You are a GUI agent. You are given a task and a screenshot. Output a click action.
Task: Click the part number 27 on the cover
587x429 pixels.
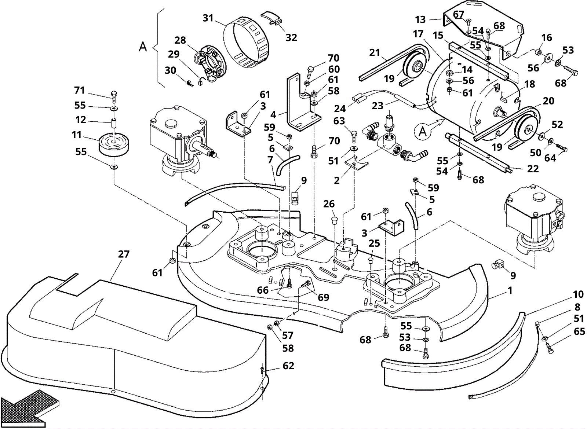[x=124, y=254]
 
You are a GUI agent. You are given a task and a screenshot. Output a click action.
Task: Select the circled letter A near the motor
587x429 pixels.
[x=423, y=131]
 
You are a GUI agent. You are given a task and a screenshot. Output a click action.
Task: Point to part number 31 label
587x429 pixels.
[x=208, y=18]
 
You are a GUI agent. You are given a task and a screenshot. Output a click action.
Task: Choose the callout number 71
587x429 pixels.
[x=79, y=90]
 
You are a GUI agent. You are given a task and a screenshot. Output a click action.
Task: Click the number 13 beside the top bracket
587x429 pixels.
[x=420, y=19]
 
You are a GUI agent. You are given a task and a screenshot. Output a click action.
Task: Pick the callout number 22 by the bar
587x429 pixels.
[x=533, y=169]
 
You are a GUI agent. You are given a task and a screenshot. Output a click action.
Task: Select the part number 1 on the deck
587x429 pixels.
[x=510, y=290]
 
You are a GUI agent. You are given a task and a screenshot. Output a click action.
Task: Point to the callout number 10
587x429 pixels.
[x=578, y=294]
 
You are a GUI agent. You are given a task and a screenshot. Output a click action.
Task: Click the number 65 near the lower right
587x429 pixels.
[x=579, y=331]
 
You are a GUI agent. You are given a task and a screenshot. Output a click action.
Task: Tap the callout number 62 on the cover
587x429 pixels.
[x=288, y=366]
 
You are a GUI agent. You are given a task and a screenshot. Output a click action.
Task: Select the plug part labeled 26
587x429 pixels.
[x=334, y=221]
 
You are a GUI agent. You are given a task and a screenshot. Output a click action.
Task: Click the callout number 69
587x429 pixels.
[x=323, y=297]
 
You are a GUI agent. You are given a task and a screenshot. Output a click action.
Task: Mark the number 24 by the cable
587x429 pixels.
[x=340, y=109]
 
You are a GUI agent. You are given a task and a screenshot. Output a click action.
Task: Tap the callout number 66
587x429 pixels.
[x=263, y=290]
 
